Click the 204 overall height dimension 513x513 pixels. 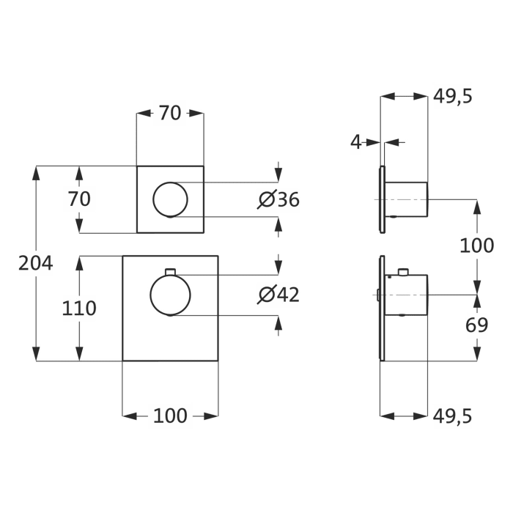click(35, 263)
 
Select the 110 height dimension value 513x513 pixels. click(78, 309)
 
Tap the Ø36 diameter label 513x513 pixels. click(279, 199)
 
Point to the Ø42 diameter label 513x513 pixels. click(279, 295)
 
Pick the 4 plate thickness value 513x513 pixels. click(356, 142)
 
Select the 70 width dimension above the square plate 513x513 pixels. click(169, 113)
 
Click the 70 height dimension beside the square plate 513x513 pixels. click(78, 199)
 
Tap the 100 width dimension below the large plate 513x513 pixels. click(169, 416)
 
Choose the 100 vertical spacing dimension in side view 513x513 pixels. click(476, 246)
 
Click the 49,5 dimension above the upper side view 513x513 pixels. click(452, 96)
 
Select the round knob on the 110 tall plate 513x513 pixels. click(170, 295)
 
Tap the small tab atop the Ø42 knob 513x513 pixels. click(170, 273)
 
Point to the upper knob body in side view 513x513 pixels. click(407, 199)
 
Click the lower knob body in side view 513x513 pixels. click(407, 295)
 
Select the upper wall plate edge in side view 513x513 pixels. click(382, 199)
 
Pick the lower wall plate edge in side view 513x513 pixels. click(382, 308)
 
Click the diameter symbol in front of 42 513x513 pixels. click(267, 295)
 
